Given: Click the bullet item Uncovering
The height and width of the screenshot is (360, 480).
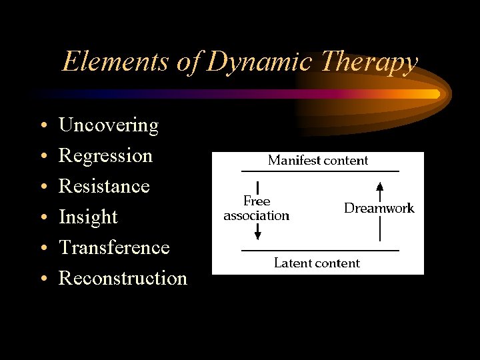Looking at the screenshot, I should tap(109, 125).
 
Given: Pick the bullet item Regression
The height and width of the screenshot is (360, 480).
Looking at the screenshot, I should tap(105, 156).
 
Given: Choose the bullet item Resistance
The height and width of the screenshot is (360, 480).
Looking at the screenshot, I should tap(104, 186).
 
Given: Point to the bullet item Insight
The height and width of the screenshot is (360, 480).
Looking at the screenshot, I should tap(88, 217).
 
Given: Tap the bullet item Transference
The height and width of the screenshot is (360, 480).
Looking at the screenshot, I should tap(114, 247).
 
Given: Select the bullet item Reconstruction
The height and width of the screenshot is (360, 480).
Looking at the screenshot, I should tap(123, 278).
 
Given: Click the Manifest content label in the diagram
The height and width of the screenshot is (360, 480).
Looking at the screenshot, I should tap(317, 160).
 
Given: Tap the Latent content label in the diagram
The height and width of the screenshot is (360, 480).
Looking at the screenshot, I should tap(317, 263).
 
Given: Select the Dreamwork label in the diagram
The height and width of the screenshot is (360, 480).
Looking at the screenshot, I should tap(379, 208).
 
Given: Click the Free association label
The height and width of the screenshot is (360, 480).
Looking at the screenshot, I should tap(257, 208).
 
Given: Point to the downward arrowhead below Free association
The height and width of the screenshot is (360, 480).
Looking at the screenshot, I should tap(257, 233).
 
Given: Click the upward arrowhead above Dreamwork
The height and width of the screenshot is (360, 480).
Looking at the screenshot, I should tap(379, 187).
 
